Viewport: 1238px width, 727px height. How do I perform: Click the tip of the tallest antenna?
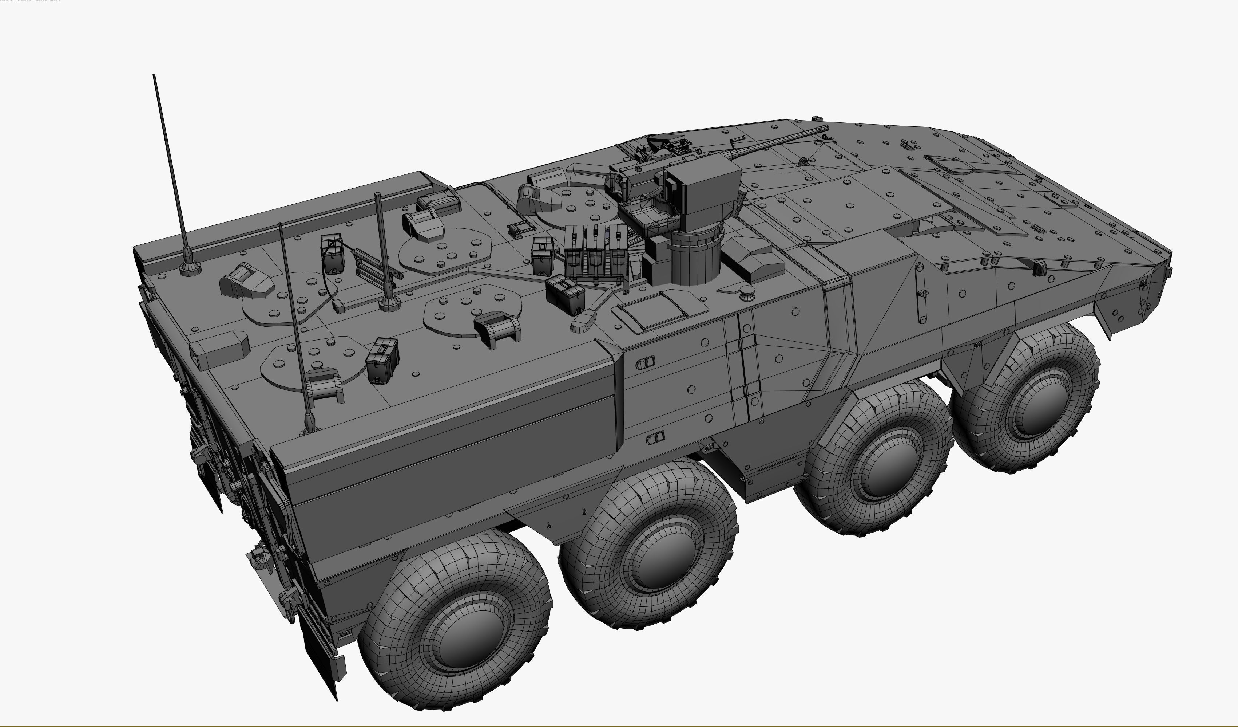(x=154, y=75)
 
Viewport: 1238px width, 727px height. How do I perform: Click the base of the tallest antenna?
(x=190, y=268)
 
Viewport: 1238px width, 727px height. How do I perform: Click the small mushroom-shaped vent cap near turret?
(x=747, y=292)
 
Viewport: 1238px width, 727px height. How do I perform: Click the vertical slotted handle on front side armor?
(x=920, y=292)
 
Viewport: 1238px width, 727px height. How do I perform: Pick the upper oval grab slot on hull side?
(x=646, y=363)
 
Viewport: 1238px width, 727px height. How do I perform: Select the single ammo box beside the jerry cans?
(x=564, y=294)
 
